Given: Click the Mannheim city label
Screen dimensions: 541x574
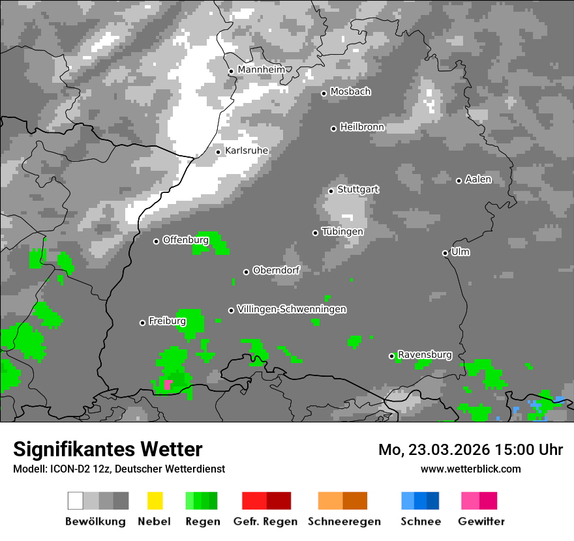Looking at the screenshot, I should pos(261,70).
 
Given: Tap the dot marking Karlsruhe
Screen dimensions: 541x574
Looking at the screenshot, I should pos(219,152).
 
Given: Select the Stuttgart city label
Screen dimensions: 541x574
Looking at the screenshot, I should pos(357,190).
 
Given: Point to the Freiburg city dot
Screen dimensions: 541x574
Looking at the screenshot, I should pos(142,323).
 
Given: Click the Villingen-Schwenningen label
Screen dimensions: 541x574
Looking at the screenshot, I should pos(292,309).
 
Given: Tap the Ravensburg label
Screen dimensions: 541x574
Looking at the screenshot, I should pos(425,355).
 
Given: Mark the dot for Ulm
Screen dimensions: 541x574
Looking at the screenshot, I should pos(445,253).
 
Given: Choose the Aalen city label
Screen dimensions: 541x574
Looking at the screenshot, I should pos(478,179).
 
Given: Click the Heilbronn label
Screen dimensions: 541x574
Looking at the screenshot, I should pos(362,127).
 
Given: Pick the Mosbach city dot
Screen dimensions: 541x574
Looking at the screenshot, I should pos(324,93).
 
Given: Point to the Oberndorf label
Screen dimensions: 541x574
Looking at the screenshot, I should pos(276,270).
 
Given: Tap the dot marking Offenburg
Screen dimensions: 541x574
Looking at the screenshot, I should pos(156,241).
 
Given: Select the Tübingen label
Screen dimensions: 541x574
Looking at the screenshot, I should pos(342,231).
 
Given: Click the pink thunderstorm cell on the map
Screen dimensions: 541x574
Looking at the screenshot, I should pos(168,385).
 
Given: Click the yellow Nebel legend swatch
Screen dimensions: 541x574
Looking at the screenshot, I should pos(155,501).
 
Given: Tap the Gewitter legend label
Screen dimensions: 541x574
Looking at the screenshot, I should pos(481,521).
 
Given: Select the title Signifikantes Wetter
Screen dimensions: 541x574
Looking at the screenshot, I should pos(108,449).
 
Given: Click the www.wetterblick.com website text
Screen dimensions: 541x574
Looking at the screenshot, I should pos(470,469).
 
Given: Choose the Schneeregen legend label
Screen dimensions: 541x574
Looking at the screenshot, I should pos(344,521).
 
